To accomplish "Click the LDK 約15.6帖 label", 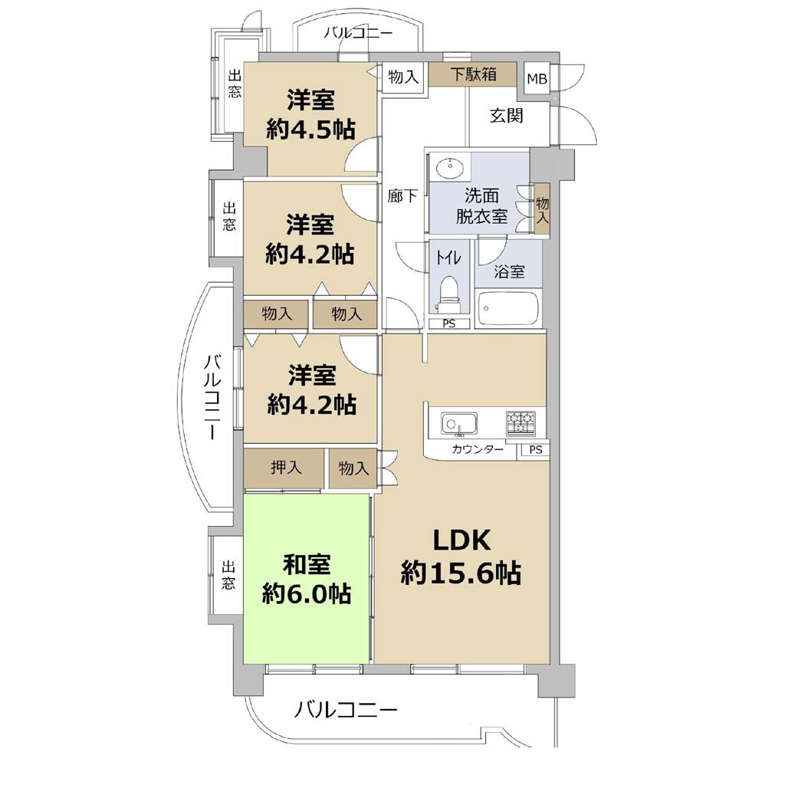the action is click(461, 557).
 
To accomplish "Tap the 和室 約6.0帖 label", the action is click(307, 580).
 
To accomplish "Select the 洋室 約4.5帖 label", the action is click(310, 115).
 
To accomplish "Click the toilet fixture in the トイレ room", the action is click(448, 293).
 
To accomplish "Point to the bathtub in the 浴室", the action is click(508, 308).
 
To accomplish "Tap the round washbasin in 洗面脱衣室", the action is click(450, 166).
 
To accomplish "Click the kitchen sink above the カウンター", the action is click(458, 424).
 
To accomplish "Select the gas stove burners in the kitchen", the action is click(521, 422).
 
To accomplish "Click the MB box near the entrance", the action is click(537, 79).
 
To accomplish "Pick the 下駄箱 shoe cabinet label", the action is click(473, 74).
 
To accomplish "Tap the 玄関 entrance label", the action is click(506, 116).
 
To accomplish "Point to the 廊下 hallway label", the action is click(402, 195).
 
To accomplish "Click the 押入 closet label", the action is click(286, 467).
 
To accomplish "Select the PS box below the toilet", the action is click(449, 324).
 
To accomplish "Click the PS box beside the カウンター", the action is click(535, 449).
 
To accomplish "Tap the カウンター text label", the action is click(477, 449).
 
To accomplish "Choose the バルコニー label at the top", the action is click(358, 34).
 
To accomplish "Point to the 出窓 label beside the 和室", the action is click(228, 575).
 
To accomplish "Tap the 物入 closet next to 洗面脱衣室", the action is click(542, 210).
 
